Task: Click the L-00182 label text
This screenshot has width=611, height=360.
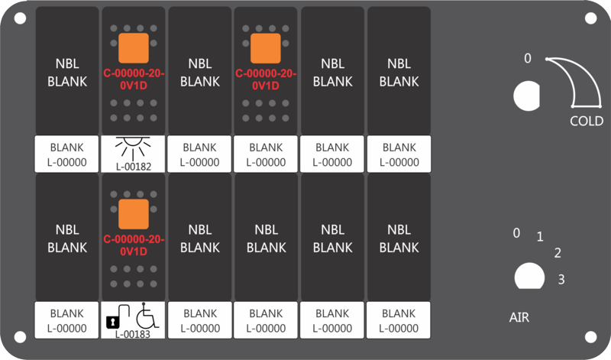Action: click(x=133, y=167)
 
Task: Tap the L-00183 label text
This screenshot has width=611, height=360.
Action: click(x=133, y=334)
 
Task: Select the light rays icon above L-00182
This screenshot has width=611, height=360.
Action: click(x=133, y=147)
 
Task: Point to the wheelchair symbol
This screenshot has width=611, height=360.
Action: click(x=147, y=316)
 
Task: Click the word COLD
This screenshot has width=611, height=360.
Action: click(x=587, y=121)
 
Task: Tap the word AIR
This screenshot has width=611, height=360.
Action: click(x=519, y=317)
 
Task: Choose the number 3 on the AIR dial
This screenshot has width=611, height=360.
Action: click(x=561, y=279)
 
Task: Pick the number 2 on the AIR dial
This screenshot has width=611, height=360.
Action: click(x=558, y=253)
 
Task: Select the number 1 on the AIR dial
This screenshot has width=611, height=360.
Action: click(x=540, y=236)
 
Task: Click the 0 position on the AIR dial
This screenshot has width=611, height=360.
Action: click(x=516, y=233)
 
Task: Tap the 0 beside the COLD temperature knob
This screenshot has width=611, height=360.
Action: click(x=527, y=58)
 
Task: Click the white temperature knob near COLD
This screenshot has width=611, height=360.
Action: click(x=526, y=96)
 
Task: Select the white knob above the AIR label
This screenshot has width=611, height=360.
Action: click(x=529, y=276)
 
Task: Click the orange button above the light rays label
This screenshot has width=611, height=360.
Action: click(x=133, y=48)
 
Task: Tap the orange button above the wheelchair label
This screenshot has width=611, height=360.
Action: click(x=133, y=214)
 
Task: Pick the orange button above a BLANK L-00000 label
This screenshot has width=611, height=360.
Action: click(x=265, y=48)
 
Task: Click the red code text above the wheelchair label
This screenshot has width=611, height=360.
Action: click(x=134, y=245)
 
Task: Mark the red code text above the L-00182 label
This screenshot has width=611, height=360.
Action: click(x=134, y=79)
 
